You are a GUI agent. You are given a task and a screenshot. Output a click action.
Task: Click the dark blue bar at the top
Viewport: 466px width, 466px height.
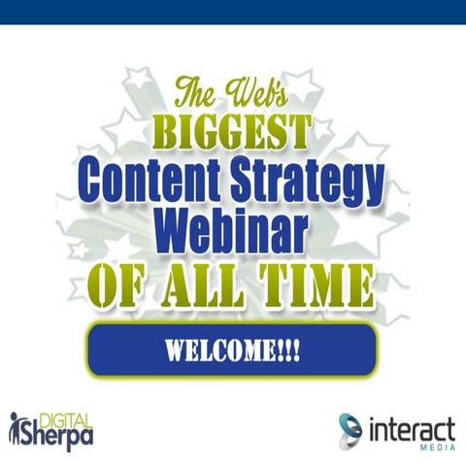(233, 12)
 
